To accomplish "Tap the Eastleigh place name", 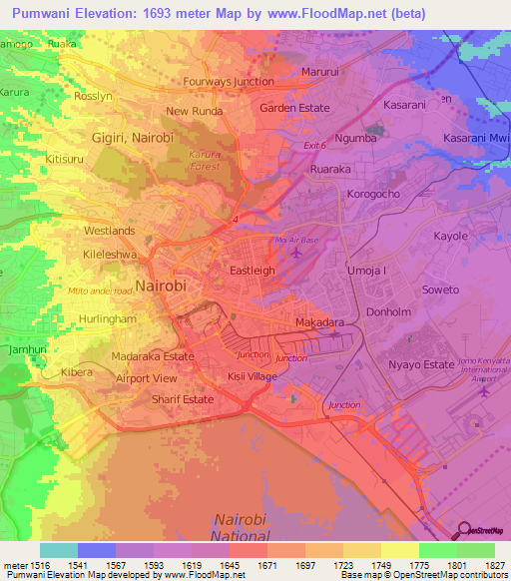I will (253, 271).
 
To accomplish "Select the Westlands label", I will (110, 230).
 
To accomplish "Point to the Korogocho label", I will (373, 194).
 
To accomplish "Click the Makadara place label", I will (320, 323).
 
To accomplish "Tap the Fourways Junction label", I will (229, 82).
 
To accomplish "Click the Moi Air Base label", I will (295, 241).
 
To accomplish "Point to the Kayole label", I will (450, 237).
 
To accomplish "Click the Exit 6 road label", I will (316, 146).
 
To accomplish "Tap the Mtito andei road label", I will (100, 290).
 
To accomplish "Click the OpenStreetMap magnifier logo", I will (463, 529).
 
